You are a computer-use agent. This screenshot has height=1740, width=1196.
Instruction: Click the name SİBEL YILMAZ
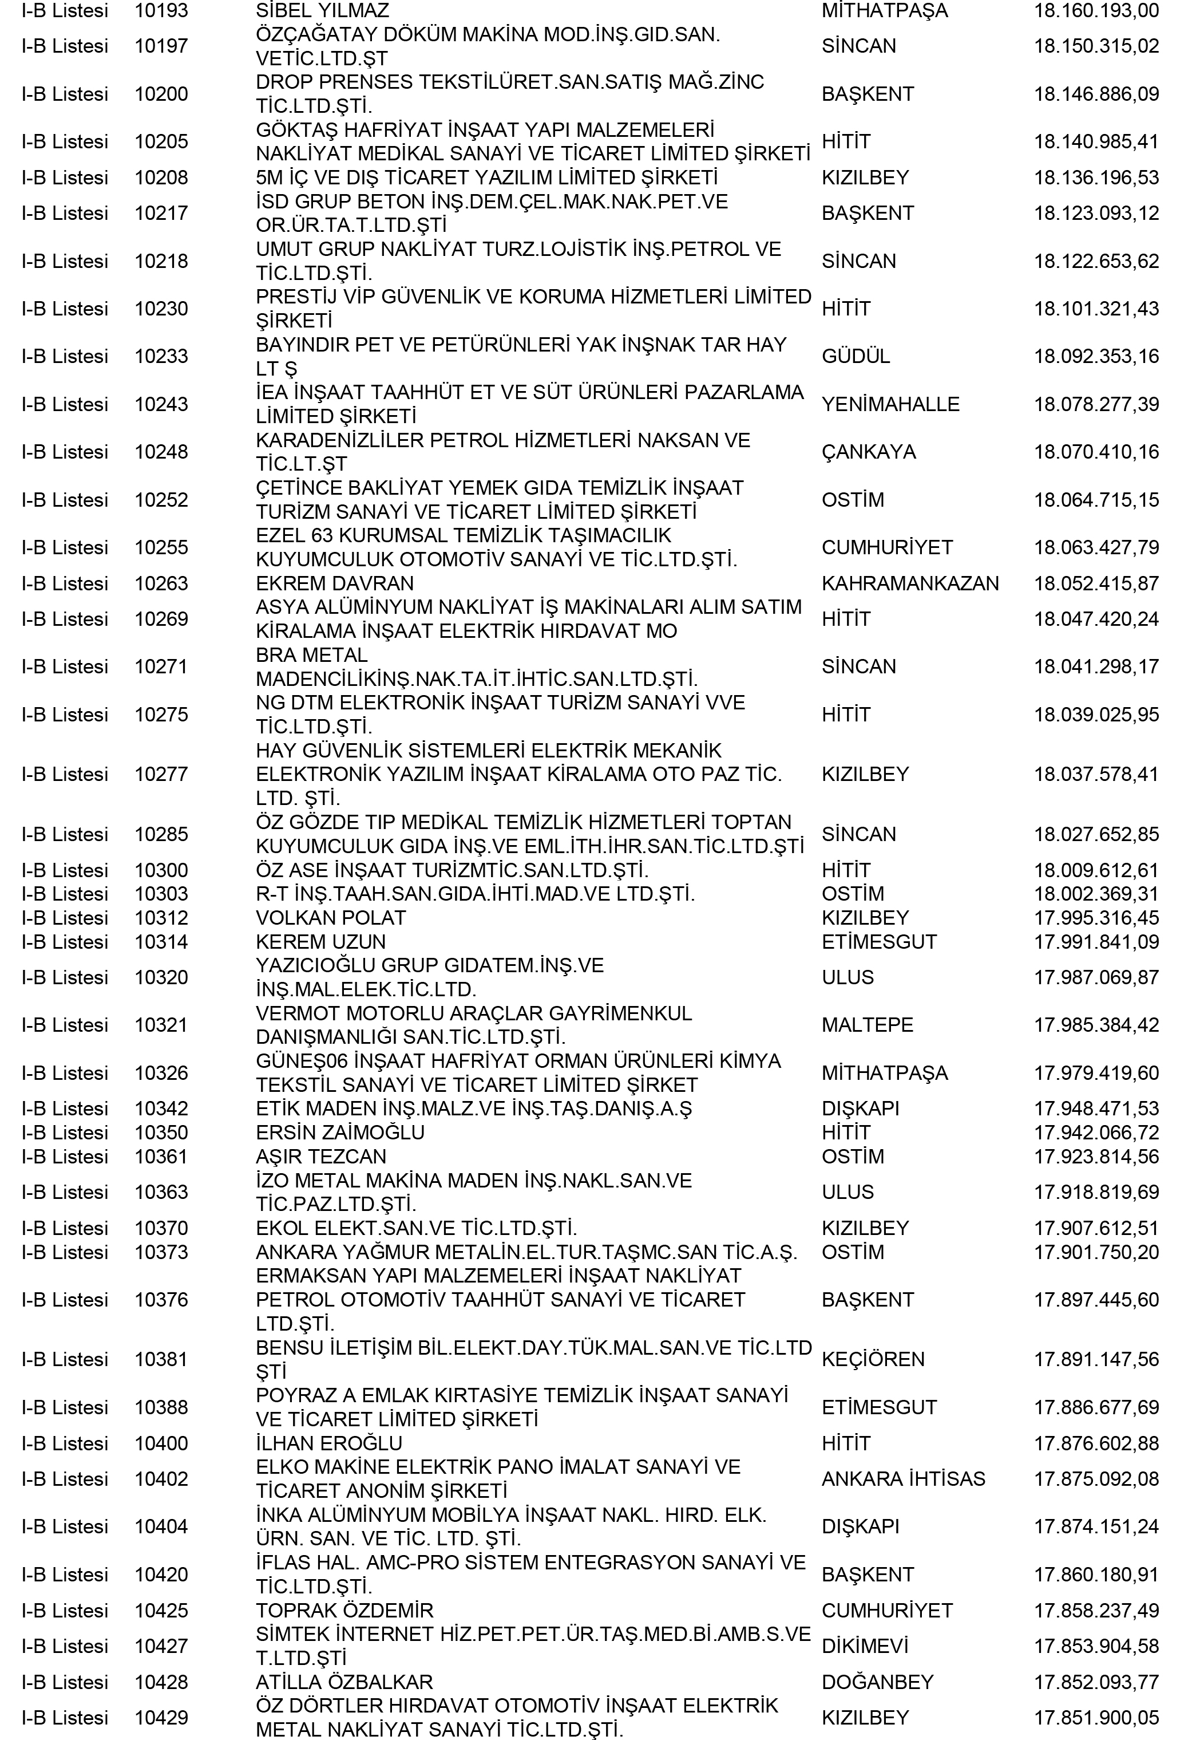[x=322, y=10]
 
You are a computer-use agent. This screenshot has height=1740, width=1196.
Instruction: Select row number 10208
[x=161, y=177]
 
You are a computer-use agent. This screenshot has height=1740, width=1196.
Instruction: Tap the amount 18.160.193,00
[x=1096, y=10]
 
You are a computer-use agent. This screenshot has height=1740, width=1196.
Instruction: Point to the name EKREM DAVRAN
[x=334, y=583]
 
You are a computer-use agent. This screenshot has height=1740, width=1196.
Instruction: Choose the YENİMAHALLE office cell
[x=890, y=404]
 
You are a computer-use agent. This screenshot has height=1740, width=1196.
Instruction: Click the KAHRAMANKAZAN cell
[x=910, y=583]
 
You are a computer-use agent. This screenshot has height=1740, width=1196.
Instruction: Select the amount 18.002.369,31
[x=1096, y=894]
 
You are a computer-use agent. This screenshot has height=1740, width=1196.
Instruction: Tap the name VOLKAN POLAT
[x=331, y=918]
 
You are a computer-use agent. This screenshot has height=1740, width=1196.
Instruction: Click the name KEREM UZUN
[x=320, y=942]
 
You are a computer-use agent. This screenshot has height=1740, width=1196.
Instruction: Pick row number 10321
[x=161, y=1025]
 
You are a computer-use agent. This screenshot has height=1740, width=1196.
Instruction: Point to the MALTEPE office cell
[x=867, y=1025]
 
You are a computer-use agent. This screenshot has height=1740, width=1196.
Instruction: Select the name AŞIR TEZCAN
[x=320, y=1156]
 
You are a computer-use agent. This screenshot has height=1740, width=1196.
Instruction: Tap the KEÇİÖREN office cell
[x=873, y=1359]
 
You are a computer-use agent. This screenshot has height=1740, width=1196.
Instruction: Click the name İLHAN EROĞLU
[x=329, y=1443]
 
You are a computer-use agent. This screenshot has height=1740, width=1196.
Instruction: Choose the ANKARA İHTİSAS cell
[x=903, y=1478]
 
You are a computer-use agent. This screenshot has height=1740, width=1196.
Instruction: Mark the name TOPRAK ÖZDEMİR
[x=344, y=1610]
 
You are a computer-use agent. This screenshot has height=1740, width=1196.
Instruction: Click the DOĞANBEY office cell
[x=877, y=1682]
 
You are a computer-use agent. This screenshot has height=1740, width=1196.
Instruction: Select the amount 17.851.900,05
[x=1096, y=1718]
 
